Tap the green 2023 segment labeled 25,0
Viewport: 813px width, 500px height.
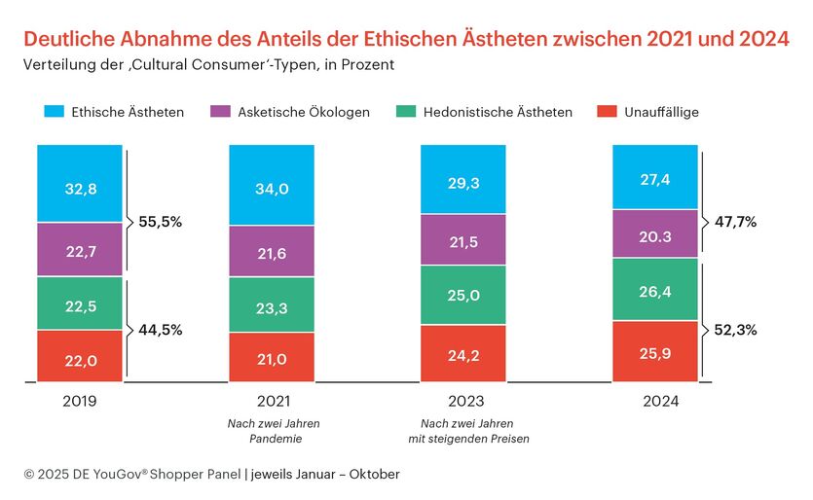(462, 295)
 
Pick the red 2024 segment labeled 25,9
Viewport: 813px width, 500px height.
(654, 351)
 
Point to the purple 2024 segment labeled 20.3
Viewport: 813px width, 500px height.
(654, 233)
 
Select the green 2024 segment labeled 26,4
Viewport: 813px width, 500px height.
(654, 289)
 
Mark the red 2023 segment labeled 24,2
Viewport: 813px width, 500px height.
(462, 353)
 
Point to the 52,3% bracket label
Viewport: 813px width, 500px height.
(736, 330)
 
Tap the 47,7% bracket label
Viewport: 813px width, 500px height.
(736, 222)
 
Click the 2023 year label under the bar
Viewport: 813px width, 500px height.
(462, 401)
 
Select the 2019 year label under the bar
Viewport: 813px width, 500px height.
(80, 401)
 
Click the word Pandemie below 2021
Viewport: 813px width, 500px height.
(272, 438)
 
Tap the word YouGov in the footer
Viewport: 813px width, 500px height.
(129, 474)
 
